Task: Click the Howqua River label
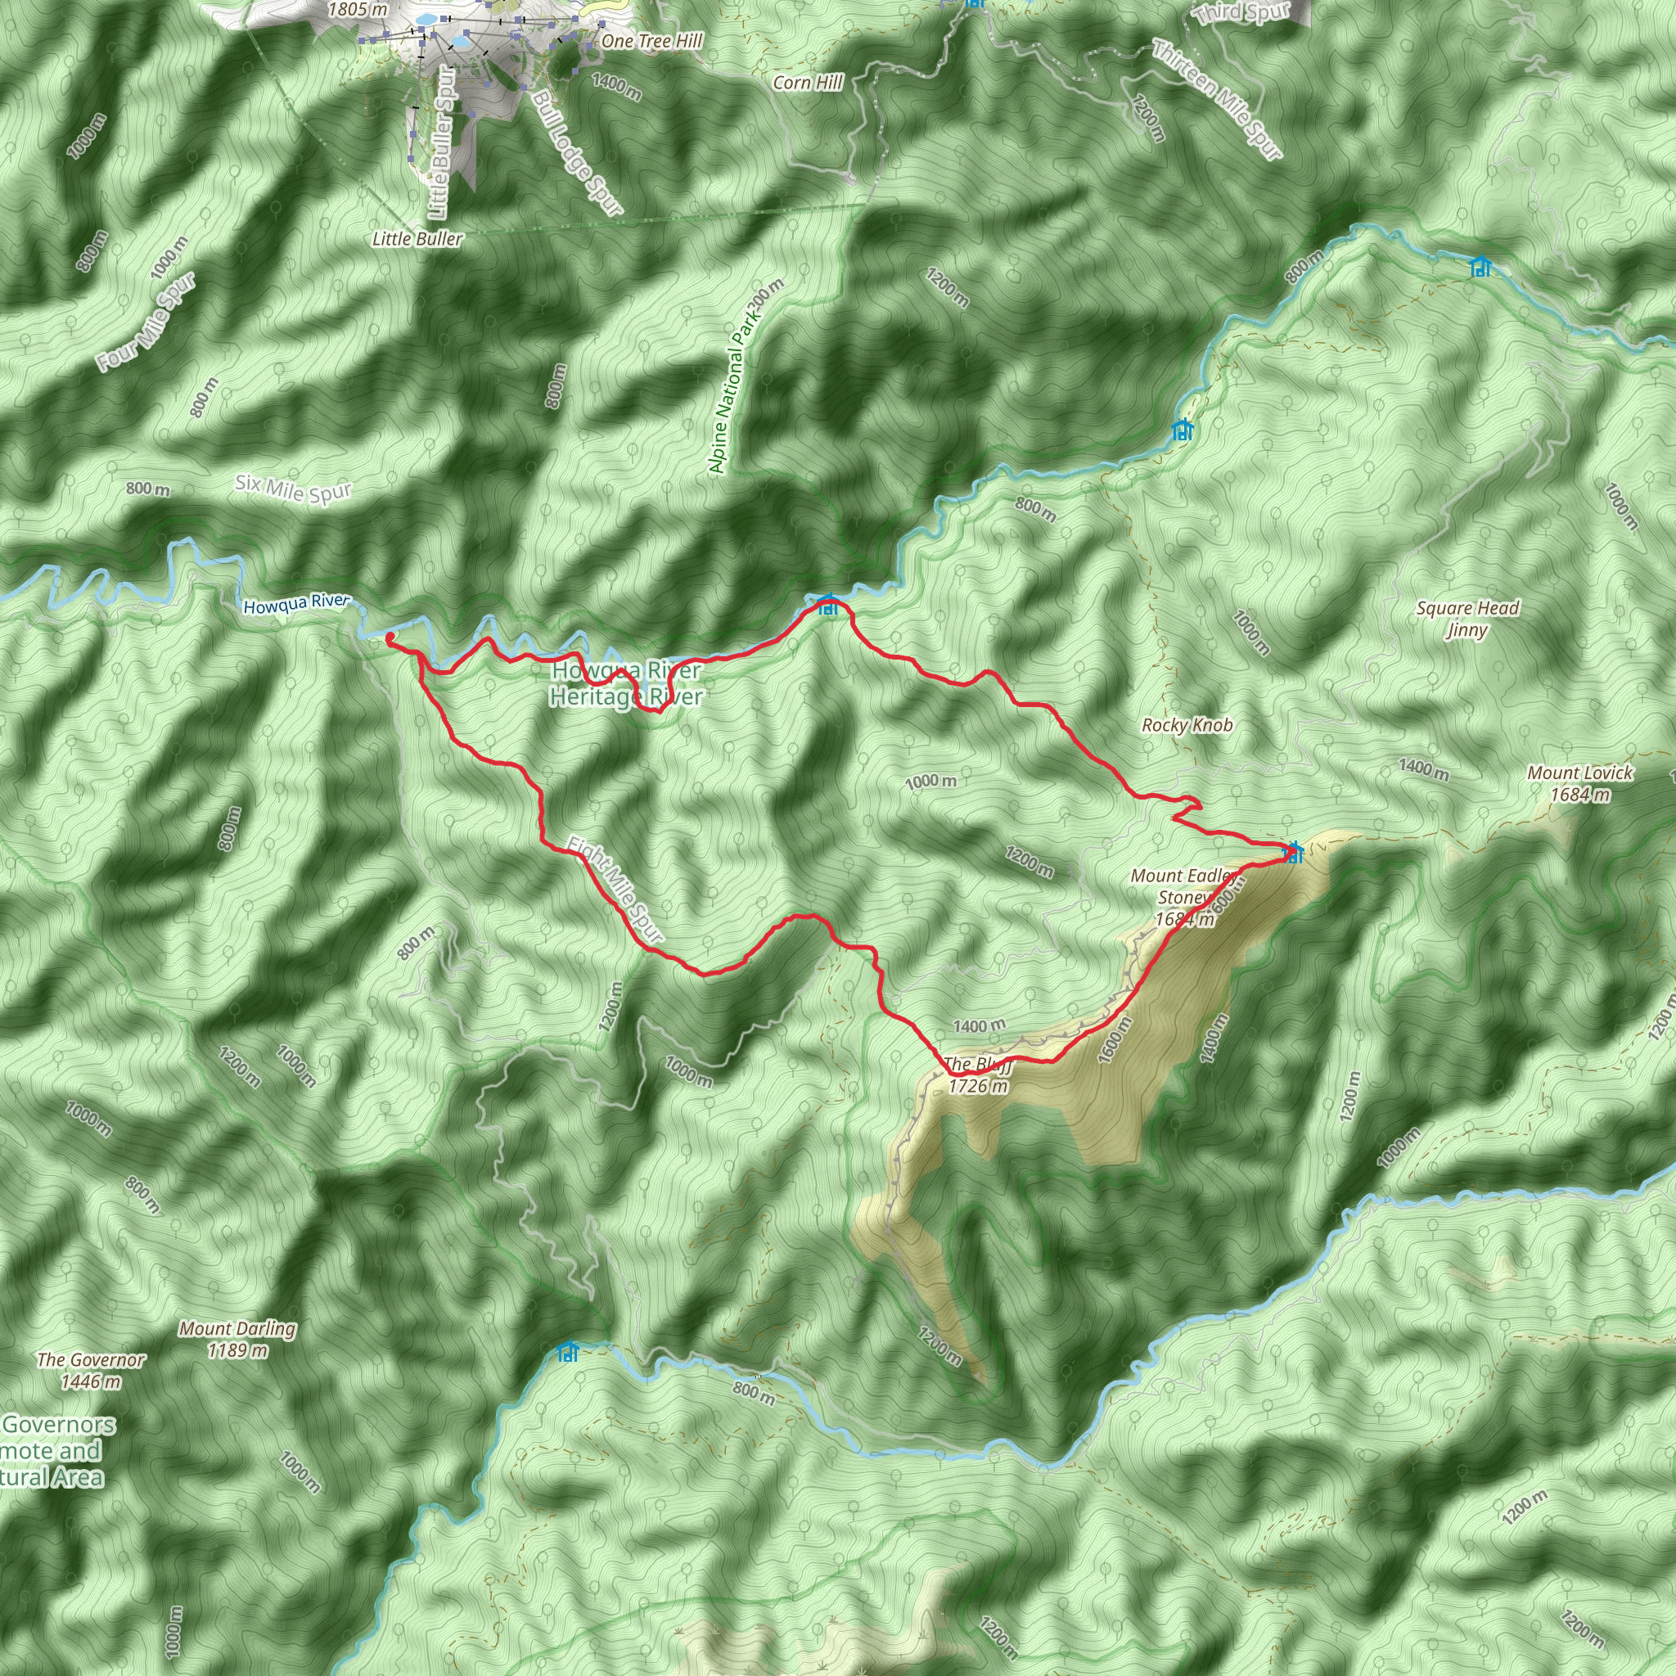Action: point(297,604)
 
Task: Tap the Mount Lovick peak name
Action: point(1579,773)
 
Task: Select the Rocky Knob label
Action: point(1187,725)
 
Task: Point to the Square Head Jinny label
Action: point(1467,619)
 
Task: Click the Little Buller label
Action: point(417,239)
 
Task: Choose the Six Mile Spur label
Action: point(293,489)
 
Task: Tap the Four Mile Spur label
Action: point(146,322)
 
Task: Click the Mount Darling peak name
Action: point(237,1328)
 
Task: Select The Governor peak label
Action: point(91,1360)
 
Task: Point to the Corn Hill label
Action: point(808,83)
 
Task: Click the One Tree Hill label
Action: point(651,41)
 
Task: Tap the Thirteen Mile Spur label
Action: point(1217,100)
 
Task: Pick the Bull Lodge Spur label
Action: point(578,152)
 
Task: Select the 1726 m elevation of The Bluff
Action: point(979,1086)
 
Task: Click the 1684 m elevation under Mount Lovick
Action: point(1580,795)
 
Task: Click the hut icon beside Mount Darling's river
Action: point(568,1352)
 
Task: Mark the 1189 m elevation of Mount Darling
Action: point(237,1349)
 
